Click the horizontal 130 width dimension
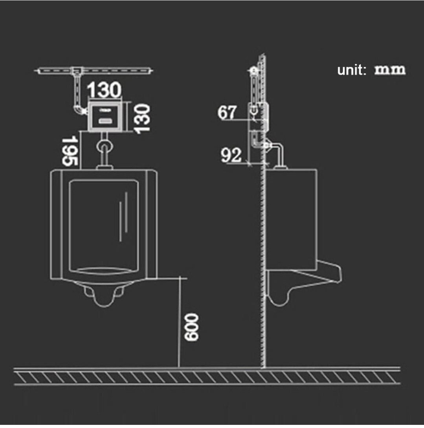point(104,89)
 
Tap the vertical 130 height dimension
point(142,119)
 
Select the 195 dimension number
point(69,151)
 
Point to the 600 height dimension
point(191,327)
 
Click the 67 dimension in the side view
point(226,112)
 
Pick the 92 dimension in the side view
point(231,155)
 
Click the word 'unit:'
point(352,70)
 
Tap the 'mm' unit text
point(390,70)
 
